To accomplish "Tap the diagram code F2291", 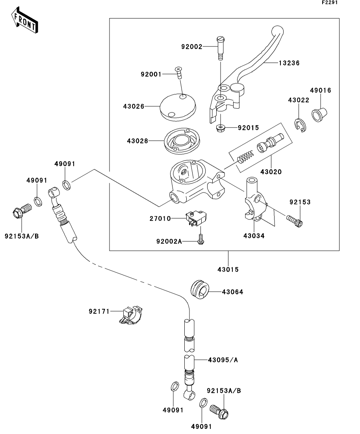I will click(x=330, y=3).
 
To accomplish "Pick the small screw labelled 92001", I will click(x=180, y=73).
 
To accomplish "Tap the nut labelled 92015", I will click(x=220, y=127).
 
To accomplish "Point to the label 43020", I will click(x=271, y=172).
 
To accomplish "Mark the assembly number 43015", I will click(x=228, y=270).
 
